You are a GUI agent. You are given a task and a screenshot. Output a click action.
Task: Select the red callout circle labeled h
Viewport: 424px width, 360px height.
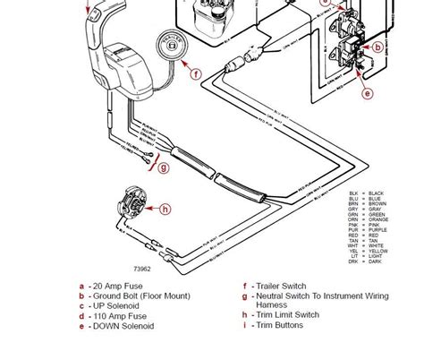165,209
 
